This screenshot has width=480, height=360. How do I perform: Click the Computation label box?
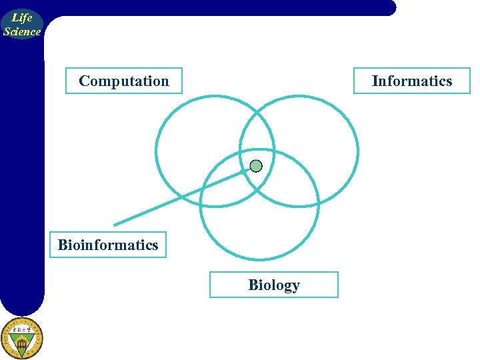click(123, 81)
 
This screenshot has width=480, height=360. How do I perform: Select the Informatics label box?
click(411, 81)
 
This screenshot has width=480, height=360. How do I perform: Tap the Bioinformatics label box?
click(108, 245)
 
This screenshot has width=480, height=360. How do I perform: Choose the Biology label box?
click(273, 285)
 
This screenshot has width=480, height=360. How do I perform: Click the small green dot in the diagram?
click(256, 166)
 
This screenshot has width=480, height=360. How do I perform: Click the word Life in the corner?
click(22, 18)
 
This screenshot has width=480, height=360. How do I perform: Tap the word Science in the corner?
click(22, 31)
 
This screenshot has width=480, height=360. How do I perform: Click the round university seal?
click(21, 338)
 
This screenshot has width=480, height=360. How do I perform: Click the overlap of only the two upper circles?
click(257, 137)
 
